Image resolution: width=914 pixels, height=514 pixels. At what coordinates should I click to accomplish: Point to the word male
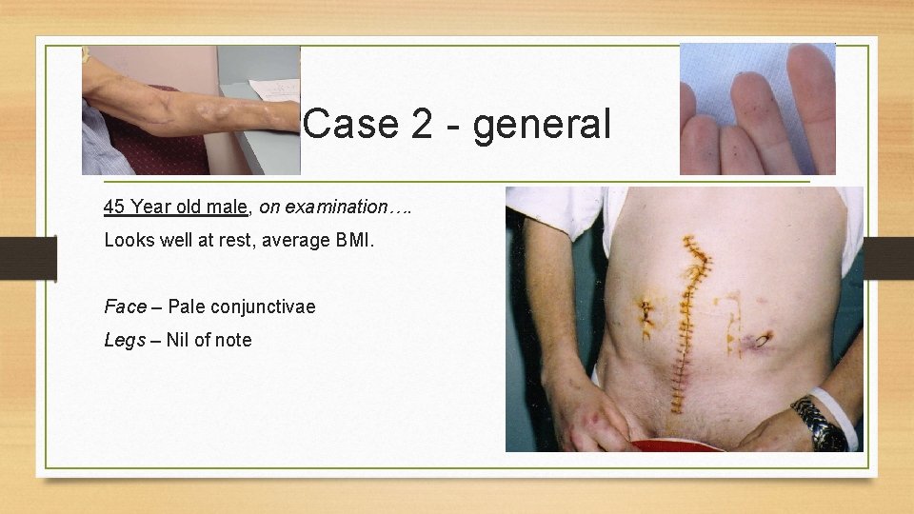pos(228,207)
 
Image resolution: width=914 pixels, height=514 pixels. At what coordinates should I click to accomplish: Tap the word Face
pos(125,306)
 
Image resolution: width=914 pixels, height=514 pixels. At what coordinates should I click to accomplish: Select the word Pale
pos(187,306)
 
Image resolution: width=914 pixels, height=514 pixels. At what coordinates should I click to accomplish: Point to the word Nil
pos(177,340)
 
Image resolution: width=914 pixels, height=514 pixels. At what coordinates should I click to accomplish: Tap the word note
pos(232,340)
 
